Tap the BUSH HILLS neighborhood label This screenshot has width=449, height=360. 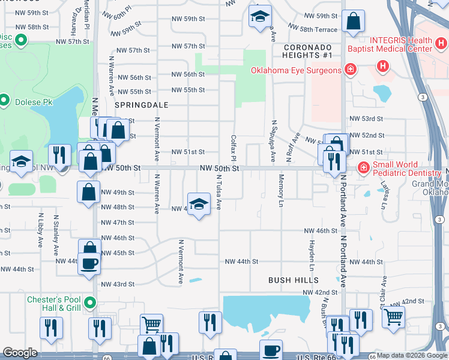tap(293, 280)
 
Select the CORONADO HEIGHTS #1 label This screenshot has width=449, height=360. tap(308, 51)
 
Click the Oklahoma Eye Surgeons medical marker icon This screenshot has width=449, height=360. tap(349, 70)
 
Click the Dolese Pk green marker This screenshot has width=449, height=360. tap(4, 100)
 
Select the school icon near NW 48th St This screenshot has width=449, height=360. tap(199, 203)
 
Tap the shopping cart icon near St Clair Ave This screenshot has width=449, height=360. tap(393, 316)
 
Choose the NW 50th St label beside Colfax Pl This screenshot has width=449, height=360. tap(220, 169)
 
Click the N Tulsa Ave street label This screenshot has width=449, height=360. tap(219, 193)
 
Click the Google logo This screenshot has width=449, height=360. tap(20, 353)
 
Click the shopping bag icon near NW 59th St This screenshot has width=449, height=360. tap(353, 22)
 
